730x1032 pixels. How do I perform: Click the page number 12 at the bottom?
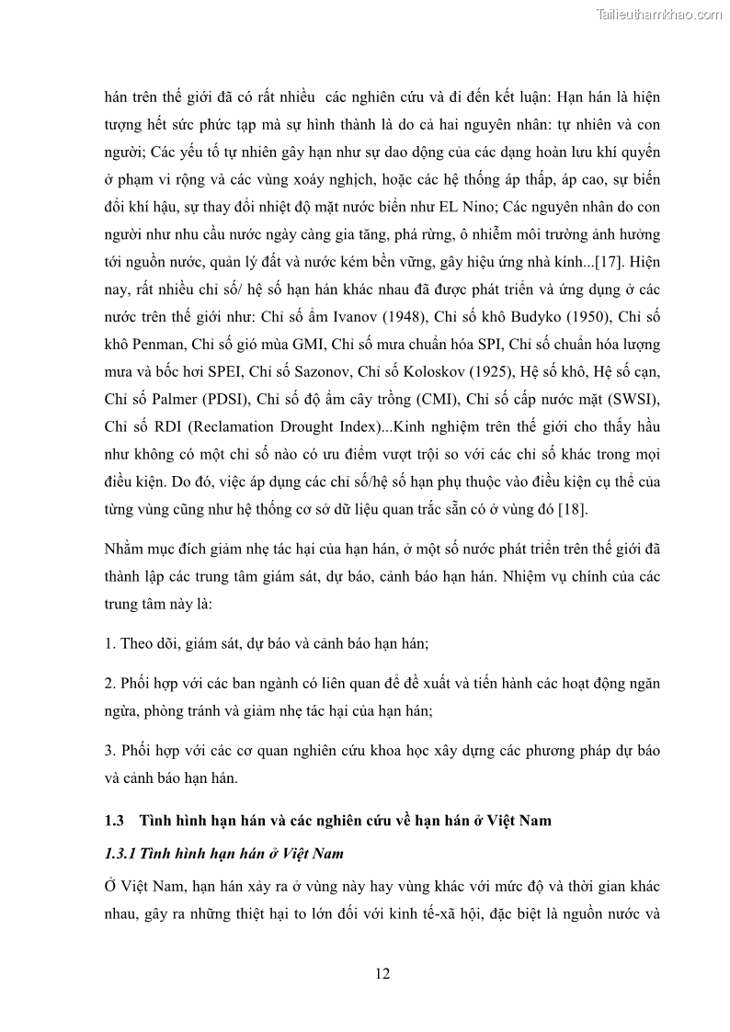point(383,974)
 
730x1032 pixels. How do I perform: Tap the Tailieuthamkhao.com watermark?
point(659,14)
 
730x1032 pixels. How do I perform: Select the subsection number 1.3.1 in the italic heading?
point(120,854)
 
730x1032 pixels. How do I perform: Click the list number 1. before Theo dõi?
point(109,642)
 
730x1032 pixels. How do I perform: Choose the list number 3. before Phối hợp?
point(109,751)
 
